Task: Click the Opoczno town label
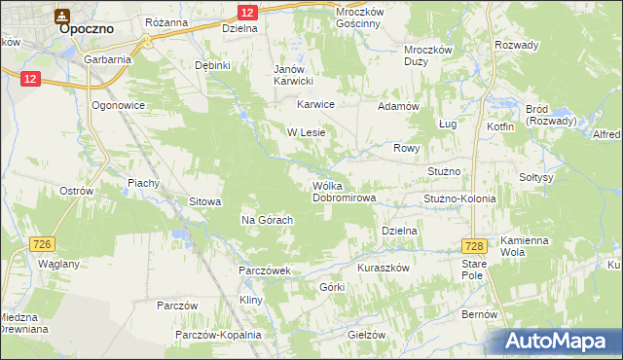point(88,29)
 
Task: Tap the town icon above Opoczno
point(62,15)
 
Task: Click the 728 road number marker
point(474,246)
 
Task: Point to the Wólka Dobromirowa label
point(345,191)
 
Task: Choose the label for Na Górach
point(268,220)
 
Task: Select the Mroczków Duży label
point(429,54)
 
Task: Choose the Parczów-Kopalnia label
point(218,335)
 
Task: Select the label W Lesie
point(305,131)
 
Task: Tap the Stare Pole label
point(473,270)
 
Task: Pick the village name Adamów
point(397,105)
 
